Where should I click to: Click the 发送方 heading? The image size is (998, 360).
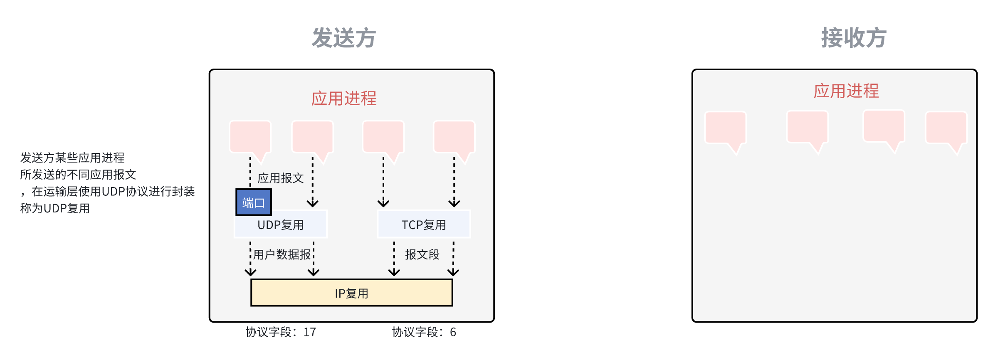pyautogui.click(x=344, y=38)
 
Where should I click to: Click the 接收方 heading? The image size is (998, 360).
pyautogui.click(x=854, y=38)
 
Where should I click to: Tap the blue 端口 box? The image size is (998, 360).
pyautogui.click(x=253, y=202)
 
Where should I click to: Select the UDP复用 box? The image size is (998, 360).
pyautogui.click(x=281, y=225)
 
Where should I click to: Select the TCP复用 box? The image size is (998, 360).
pyautogui.click(x=424, y=225)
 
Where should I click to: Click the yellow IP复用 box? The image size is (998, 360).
pyautogui.click(x=351, y=293)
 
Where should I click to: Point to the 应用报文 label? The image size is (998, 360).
pyautogui.click(x=281, y=178)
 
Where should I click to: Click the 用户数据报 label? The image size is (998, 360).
pyautogui.click(x=282, y=254)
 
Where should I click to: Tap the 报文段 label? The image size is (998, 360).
pyautogui.click(x=422, y=254)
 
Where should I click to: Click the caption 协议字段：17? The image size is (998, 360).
pyautogui.click(x=281, y=332)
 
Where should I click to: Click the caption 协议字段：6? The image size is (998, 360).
pyautogui.click(x=424, y=332)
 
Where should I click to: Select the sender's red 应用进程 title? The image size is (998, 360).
pyautogui.click(x=344, y=99)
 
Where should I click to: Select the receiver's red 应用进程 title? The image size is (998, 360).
pyautogui.click(x=846, y=91)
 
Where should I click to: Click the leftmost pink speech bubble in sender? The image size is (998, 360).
pyautogui.click(x=250, y=137)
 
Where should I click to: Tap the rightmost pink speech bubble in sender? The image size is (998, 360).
pyautogui.click(x=454, y=137)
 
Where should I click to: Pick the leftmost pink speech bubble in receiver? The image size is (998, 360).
pyautogui.click(x=726, y=128)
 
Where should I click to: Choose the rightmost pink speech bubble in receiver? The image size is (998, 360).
pyautogui.click(x=946, y=128)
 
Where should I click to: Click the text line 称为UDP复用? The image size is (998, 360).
pyautogui.click(x=55, y=208)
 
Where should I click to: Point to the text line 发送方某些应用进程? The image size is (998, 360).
pyautogui.click(x=72, y=158)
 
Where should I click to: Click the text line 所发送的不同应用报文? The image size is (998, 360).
pyautogui.click(x=78, y=175)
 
